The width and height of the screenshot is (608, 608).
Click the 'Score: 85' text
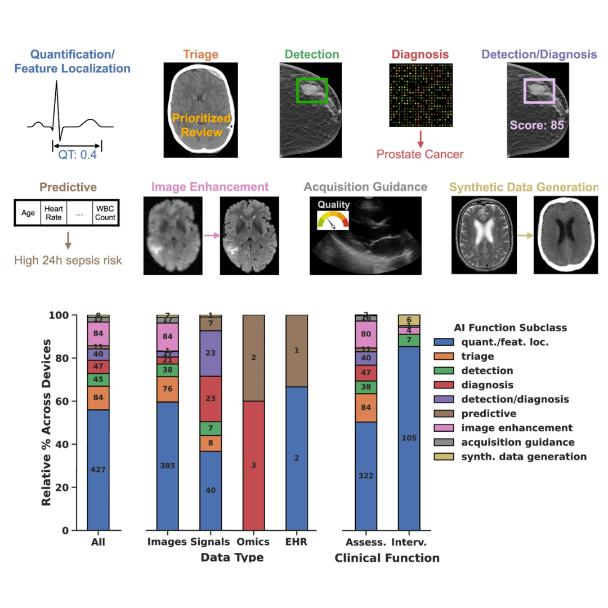pyautogui.click(x=537, y=125)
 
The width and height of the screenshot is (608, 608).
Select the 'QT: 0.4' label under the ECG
pyautogui.click(x=78, y=154)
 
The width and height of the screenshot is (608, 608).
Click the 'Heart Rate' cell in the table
pyautogui.click(x=53, y=213)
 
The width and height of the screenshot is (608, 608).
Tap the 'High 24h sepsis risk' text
pyautogui.click(x=68, y=260)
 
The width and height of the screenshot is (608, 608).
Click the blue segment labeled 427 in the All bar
pyautogui.click(x=98, y=470)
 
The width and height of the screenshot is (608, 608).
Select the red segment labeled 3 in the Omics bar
pyautogui.click(x=253, y=465)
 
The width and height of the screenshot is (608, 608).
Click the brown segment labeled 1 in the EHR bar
pyautogui.click(x=297, y=351)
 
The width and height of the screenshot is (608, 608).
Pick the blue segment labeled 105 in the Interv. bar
pyautogui.click(x=409, y=438)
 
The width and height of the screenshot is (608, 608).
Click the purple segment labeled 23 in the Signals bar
pyautogui.click(x=211, y=353)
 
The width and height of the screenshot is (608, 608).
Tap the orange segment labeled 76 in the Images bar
pyautogui.click(x=168, y=390)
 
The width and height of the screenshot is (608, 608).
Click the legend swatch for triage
pyautogui.click(x=444, y=356)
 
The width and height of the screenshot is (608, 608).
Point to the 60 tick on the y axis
pyautogui.click(x=66, y=401)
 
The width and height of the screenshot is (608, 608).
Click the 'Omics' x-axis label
pyautogui.click(x=253, y=542)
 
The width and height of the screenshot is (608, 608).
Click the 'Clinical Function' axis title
pyautogui.click(x=387, y=558)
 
